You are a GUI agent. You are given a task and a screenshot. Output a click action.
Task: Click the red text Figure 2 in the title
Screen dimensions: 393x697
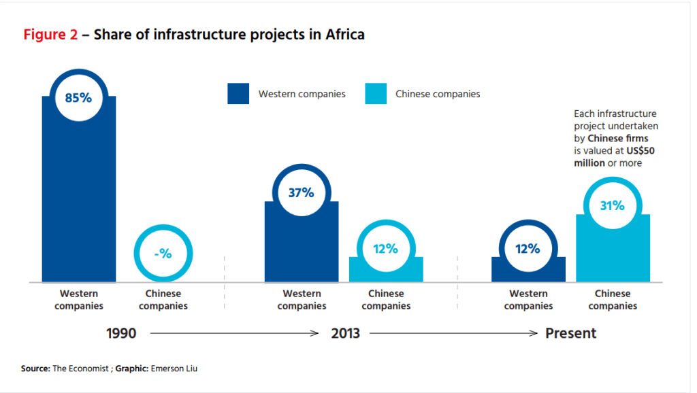coord(50,35)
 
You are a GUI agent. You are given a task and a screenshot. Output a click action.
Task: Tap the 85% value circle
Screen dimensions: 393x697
coord(78,97)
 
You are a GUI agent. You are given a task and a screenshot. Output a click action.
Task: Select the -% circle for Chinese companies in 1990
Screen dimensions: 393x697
coord(163,254)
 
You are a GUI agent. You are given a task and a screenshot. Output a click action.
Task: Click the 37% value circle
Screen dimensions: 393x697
coord(301,192)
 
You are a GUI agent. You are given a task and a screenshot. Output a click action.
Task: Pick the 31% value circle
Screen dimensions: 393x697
coord(612,205)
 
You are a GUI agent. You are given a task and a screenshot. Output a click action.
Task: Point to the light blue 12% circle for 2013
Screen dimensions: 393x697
coord(385,249)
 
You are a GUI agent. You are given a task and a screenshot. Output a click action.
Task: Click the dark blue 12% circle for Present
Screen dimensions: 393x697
coord(528,249)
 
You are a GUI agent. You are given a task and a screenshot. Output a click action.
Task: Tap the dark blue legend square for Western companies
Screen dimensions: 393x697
coord(239,94)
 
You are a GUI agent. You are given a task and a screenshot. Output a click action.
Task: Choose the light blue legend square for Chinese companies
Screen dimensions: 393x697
coord(376,94)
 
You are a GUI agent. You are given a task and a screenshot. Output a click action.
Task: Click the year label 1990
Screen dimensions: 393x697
coord(122,334)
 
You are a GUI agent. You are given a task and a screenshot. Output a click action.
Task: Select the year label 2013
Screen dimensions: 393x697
coord(345,334)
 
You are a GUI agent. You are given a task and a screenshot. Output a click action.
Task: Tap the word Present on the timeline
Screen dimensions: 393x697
coord(570,334)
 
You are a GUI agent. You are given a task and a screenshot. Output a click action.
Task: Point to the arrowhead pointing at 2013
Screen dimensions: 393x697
coord(315,334)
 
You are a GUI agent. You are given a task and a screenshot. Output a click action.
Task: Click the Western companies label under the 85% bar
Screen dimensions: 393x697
coord(79,300)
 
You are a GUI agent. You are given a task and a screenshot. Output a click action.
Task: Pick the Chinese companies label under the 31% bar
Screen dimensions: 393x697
coord(613,300)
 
